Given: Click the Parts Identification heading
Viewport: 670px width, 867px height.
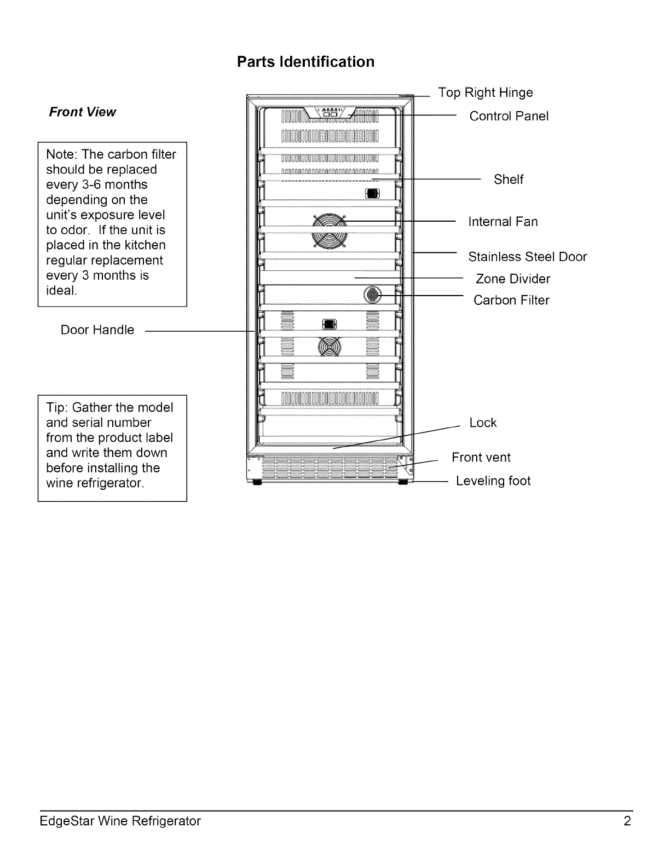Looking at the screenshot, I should [x=305, y=62].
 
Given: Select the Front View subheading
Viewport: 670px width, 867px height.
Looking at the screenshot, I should [x=82, y=112].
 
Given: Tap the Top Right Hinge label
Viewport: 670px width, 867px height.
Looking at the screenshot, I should [x=485, y=93].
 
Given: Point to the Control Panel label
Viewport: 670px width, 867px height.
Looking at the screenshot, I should [x=509, y=116].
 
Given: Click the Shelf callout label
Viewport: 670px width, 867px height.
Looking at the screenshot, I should [x=508, y=180].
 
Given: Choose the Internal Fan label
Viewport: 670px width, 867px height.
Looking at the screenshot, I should [x=503, y=222].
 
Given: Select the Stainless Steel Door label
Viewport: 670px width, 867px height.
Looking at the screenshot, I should [x=527, y=257].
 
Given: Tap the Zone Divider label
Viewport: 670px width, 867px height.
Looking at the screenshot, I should [x=512, y=279].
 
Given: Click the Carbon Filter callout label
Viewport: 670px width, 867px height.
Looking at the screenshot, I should [x=511, y=300].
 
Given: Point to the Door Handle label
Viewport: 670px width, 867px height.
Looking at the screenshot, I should [x=97, y=330].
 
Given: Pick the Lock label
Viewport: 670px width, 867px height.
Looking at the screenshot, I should [x=483, y=423].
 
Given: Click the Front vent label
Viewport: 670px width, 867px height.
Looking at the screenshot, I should [x=481, y=458].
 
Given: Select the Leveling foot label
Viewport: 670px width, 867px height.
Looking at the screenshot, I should [x=493, y=481].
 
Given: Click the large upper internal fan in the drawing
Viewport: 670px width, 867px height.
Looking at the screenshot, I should [x=329, y=230].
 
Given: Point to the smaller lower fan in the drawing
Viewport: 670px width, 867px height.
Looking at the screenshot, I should [x=327, y=346].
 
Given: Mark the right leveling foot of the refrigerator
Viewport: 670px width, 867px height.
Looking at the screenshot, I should [x=403, y=483].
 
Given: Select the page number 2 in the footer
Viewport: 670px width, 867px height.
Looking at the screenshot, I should [x=627, y=821].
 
